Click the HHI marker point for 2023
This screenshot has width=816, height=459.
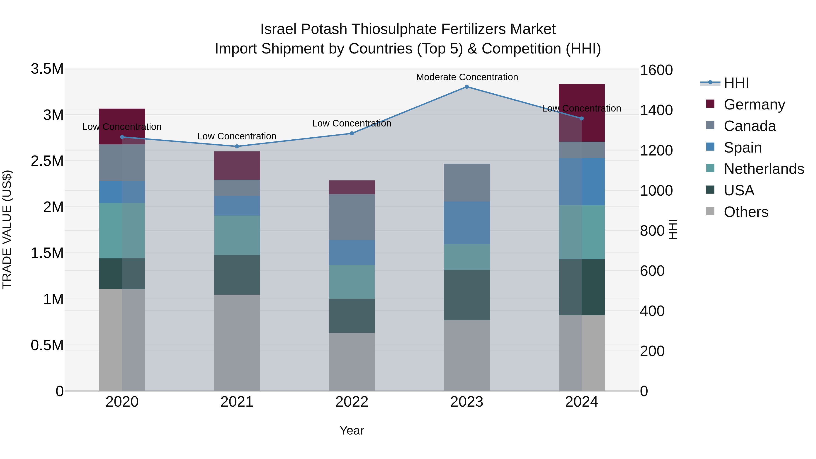(x=467, y=87)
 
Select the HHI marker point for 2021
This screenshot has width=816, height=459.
(x=237, y=146)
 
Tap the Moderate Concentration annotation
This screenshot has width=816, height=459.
(x=467, y=77)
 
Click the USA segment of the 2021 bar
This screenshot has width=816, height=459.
(x=237, y=275)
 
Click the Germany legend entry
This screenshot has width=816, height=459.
(x=754, y=104)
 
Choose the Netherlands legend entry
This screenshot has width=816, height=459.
(x=763, y=169)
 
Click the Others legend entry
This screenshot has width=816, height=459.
(x=746, y=212)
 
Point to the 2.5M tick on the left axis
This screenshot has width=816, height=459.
(x=47, y=161)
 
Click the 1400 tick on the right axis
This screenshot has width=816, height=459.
(x=656, y=110)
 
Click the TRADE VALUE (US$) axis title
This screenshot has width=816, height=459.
(x=7, y=230)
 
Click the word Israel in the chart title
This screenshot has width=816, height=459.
(x=278, y=29)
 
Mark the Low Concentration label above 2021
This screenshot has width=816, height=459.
(x=237, y=136)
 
